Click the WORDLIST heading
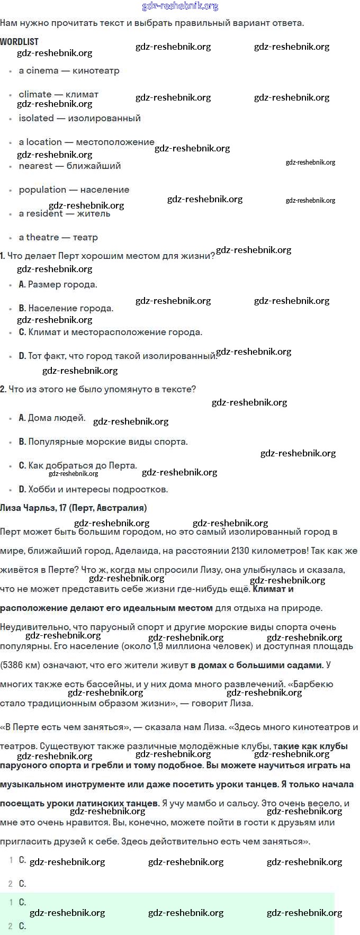(x=19, y=41)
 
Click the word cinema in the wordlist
(x=42, y=70)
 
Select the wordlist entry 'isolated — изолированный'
(x=79, y=118)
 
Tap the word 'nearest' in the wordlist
(x=35, y=166)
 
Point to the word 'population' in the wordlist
(x=42, y=190)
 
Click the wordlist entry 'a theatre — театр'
(x=58, y=237)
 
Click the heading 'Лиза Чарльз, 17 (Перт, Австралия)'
(x=73, y=508)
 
